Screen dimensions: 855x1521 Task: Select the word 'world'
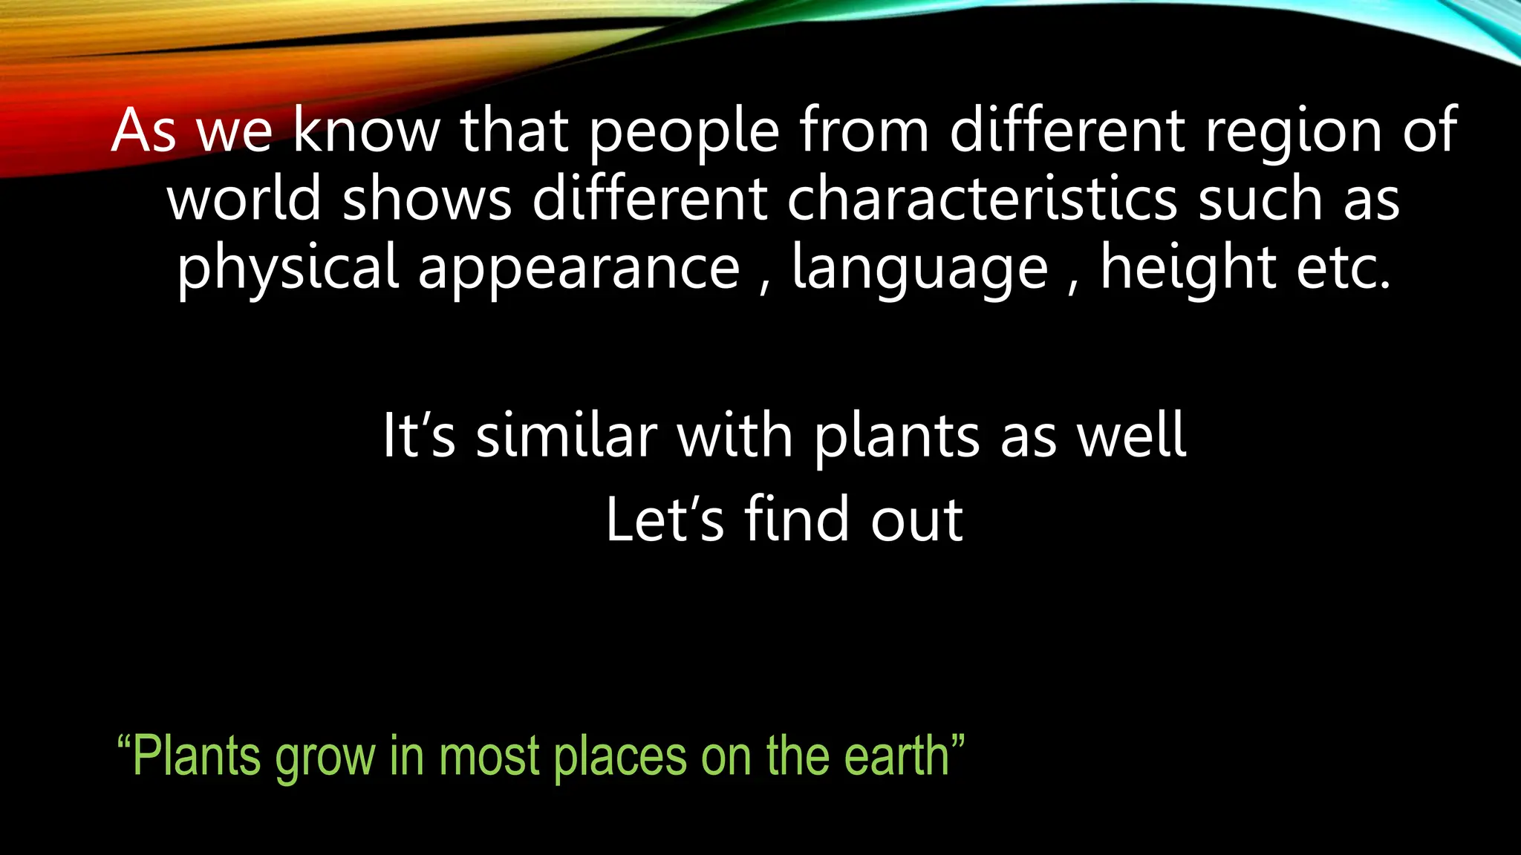244,199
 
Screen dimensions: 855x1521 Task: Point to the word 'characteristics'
982,199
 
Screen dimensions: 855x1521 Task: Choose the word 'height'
1188,267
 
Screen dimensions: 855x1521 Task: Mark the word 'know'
367,131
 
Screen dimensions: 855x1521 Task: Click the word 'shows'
427,199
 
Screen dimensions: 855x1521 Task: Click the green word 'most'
489,757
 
